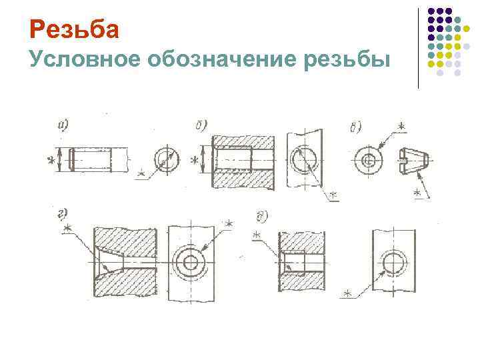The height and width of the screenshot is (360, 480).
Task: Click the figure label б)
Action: [x=201, y=125]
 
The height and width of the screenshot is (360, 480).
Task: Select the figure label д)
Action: [x=262, y=215]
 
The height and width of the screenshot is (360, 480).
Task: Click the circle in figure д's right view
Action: [x=393, y=263]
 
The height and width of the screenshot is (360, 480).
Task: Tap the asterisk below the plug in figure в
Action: [x=418, y=193]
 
